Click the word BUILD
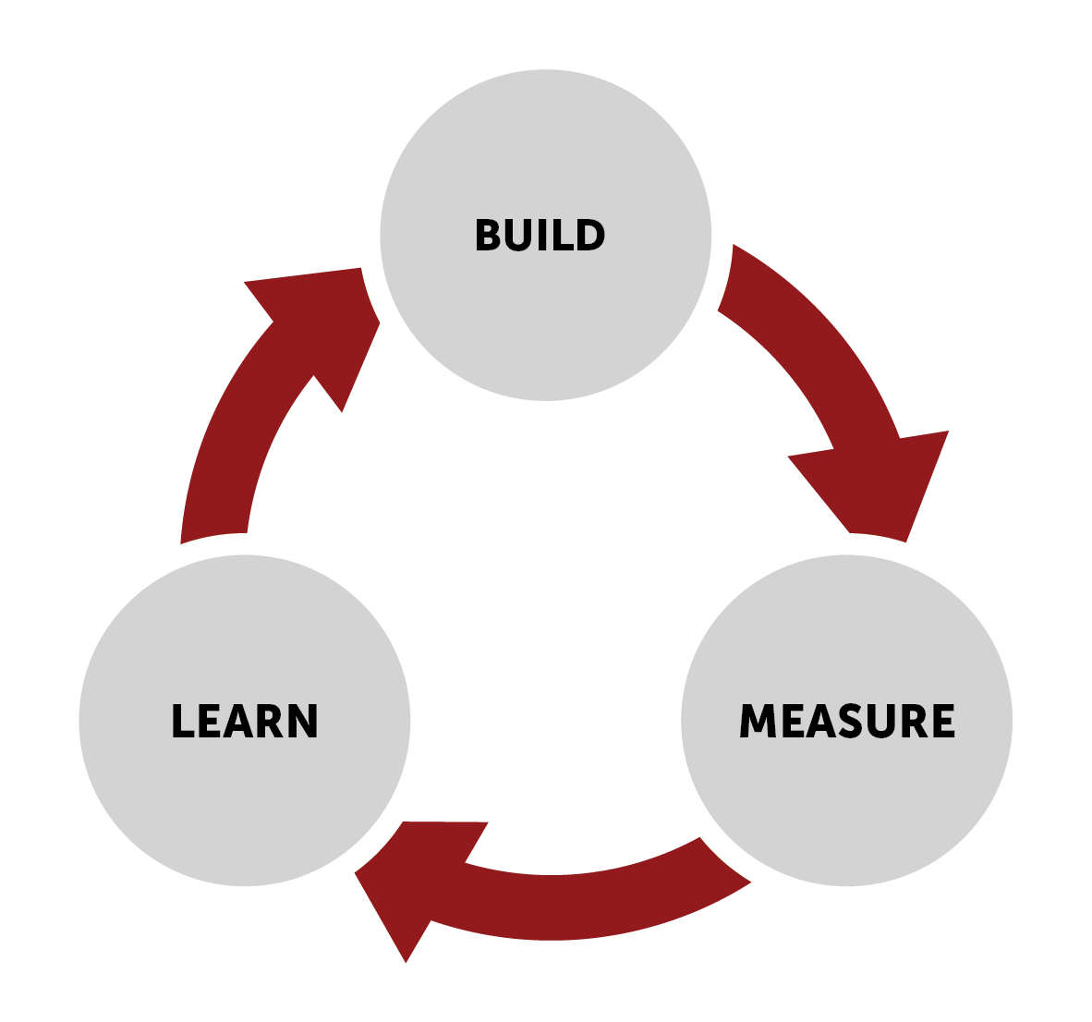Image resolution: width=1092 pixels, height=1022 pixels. click(x=540, y=236)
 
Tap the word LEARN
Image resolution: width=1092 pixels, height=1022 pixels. click(x=245, y=722)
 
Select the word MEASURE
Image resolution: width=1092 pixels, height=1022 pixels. click(x=847, y=722)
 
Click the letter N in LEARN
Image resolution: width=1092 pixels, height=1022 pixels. click(x=303, y=722)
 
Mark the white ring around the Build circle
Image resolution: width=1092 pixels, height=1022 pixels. click(x=546, y=58)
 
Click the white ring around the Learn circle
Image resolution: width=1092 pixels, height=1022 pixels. click(x=68, y=722)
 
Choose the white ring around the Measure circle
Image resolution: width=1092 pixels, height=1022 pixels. click(x=1023, y=722)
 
